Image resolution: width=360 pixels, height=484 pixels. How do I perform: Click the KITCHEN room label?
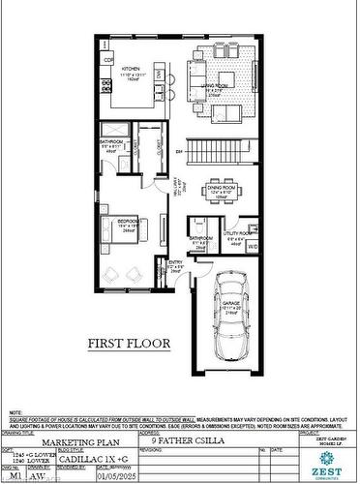[132, 70]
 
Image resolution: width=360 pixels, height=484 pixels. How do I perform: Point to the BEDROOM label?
[129, 222]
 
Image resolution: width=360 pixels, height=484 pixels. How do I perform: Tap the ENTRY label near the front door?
[175, 262]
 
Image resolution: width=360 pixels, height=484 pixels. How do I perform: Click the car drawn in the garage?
[232, 319]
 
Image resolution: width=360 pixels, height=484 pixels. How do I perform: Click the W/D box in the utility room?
[253, 248]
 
